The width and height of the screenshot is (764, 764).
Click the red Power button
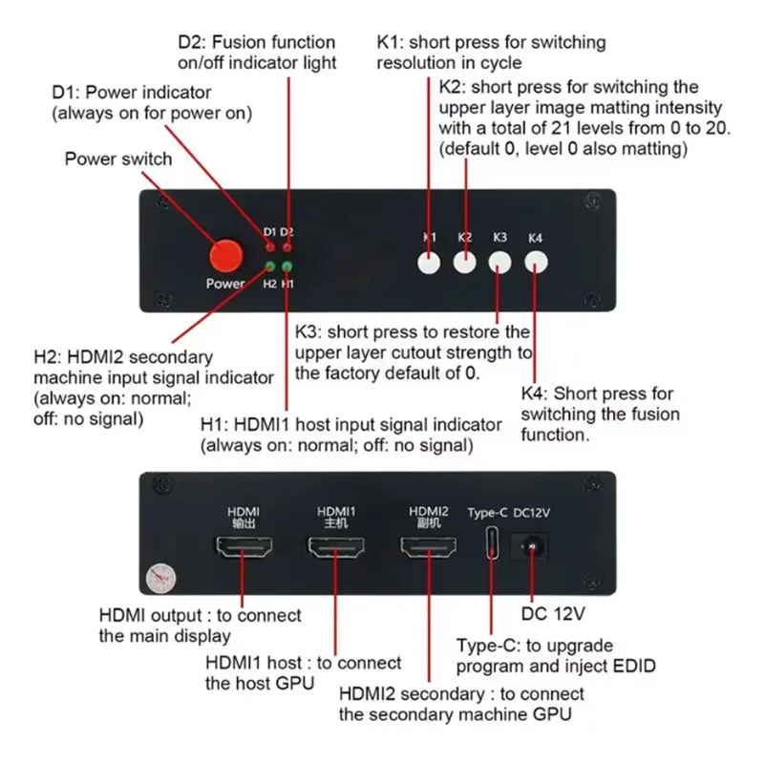click(x=225, y=256)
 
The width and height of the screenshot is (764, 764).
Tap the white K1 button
click(x=430, y=262)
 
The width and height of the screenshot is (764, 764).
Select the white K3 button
click(x=499, y=262)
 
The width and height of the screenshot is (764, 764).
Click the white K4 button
click(x=536, y=262)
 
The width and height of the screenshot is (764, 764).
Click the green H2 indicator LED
click(x=270, y=266)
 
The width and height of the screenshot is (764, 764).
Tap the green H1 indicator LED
click(x=287, y=266)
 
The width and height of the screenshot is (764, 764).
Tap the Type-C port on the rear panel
click(x=491, y=544)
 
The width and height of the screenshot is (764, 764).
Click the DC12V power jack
click(x=532, y=546)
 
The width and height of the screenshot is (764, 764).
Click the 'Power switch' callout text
click(x=118, y=159)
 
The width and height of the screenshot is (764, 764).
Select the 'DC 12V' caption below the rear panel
click(x=555, y=610)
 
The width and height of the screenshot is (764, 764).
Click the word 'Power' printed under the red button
click(x=225, y=284)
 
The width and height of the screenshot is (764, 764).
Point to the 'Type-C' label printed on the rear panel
click(x=487, y=513)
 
